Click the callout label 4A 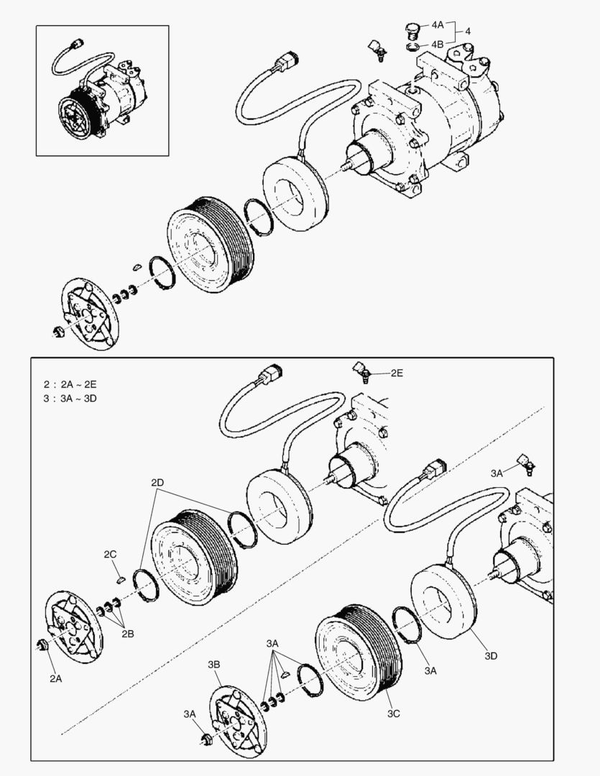[438, 24]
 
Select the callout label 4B [438, 44]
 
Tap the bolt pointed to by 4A [412, 29]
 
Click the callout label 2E [397, 373]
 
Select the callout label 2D [158, 482]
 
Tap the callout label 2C [110, 554]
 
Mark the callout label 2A [56, 678]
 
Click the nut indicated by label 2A [42, 646]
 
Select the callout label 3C [394, 714]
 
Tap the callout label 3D [491, 655]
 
